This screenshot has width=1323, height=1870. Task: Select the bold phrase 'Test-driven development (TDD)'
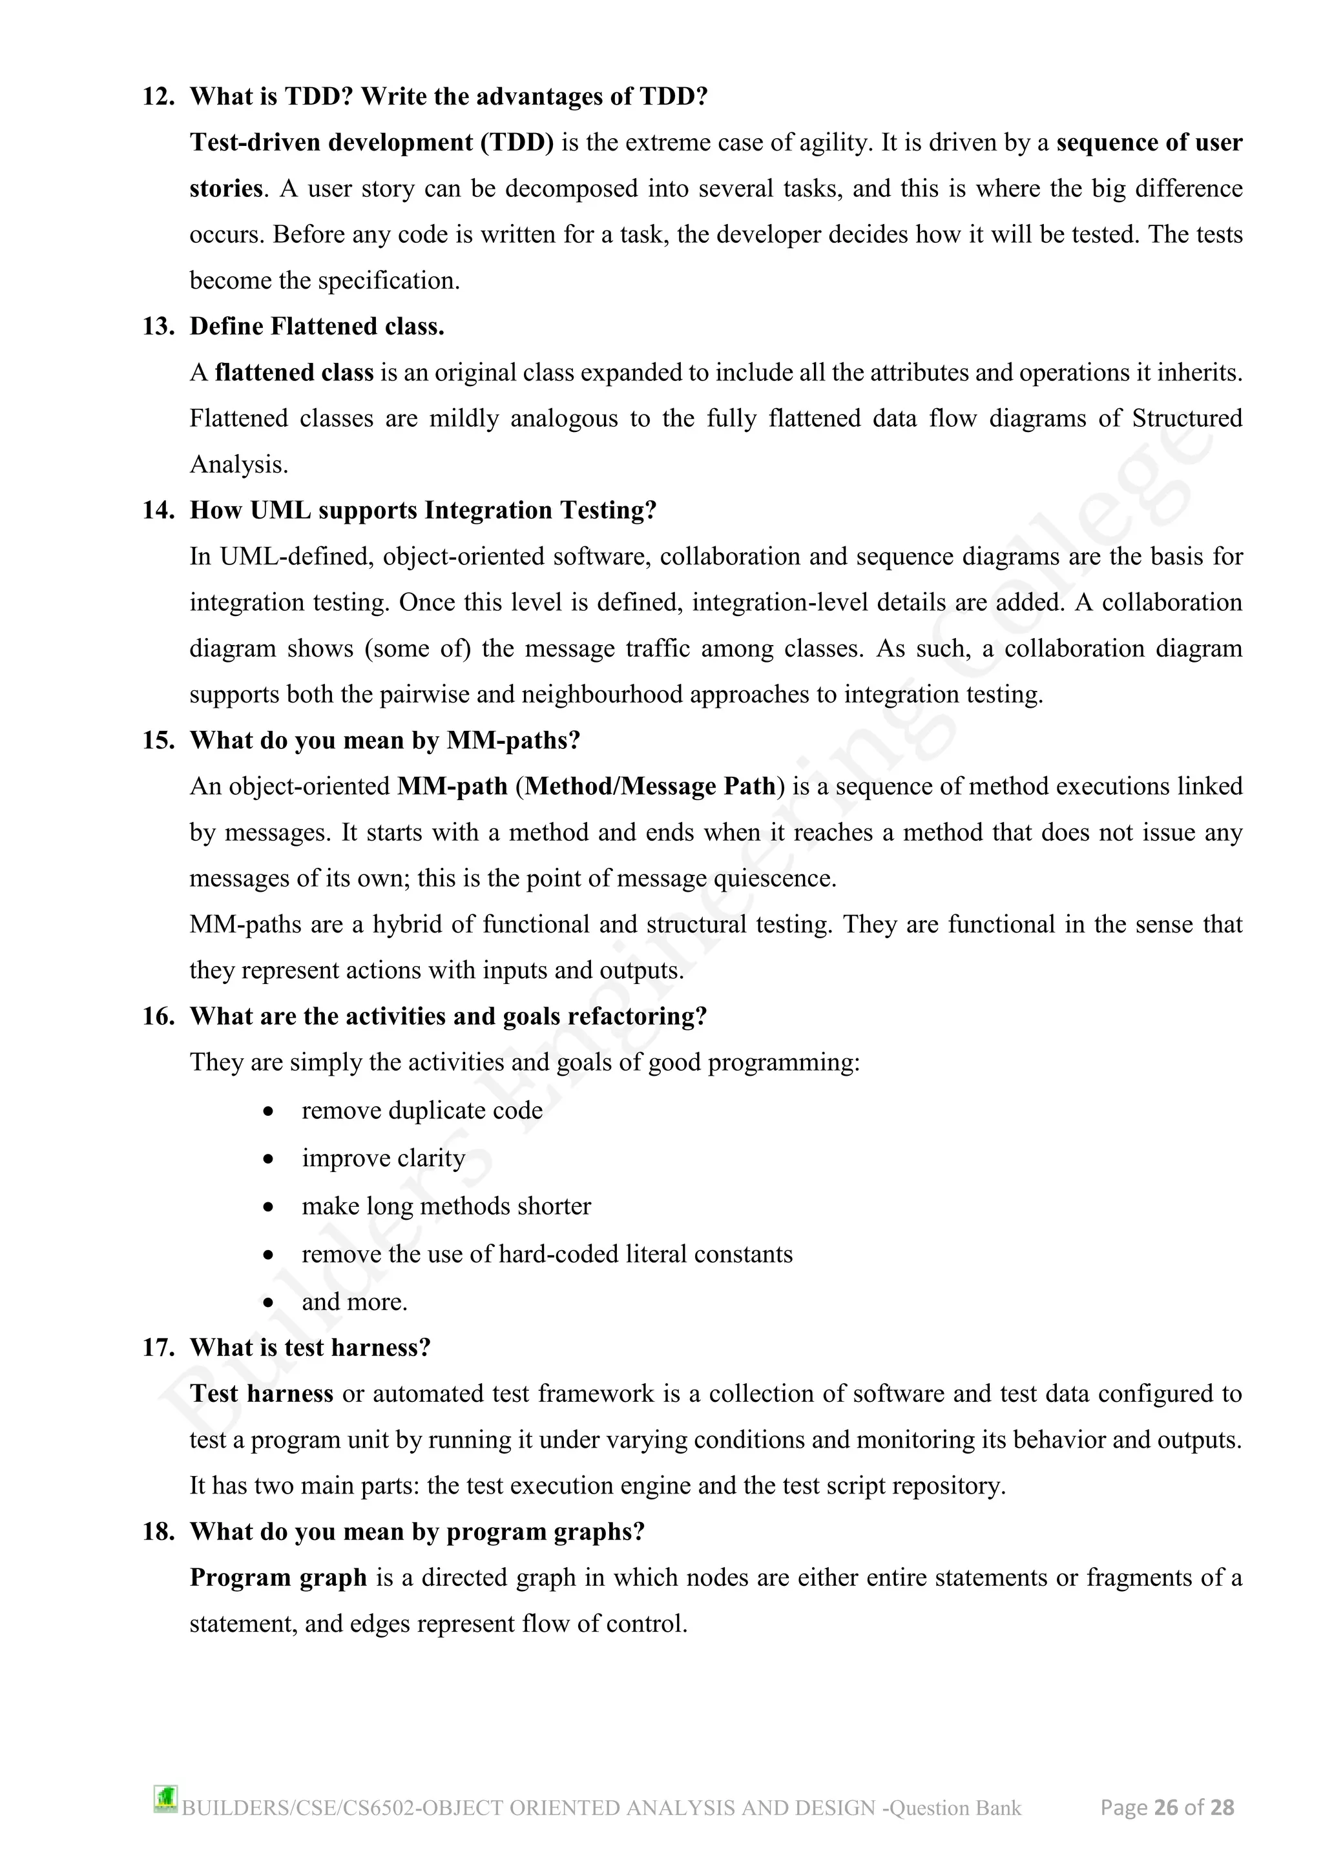coord(371,143)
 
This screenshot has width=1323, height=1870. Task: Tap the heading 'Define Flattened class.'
coord(317,327)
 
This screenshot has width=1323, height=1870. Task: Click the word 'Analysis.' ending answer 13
coord(238,465)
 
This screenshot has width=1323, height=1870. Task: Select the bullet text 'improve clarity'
coord(383,1158)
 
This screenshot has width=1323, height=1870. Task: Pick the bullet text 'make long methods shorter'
coord(446,1206)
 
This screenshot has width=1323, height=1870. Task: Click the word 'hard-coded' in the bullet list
coord(558,1254)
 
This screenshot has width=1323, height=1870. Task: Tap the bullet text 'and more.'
coord(355,1302)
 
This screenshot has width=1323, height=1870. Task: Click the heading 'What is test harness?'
coord(309,1348)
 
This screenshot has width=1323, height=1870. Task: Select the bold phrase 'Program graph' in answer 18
coord(278,1578)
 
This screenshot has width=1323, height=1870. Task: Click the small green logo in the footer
coord(165,1799)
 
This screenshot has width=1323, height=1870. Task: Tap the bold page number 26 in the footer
coord(1167,1808)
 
